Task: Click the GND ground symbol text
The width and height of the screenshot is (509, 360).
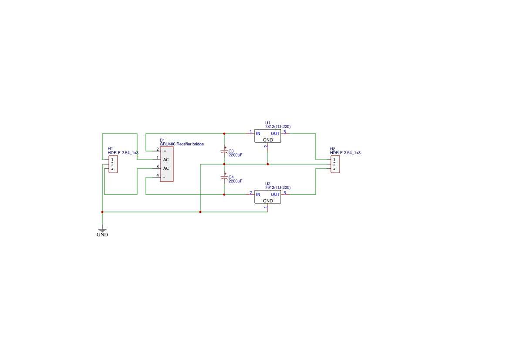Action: click(102, 235)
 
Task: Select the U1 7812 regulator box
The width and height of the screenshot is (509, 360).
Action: click(268, 136)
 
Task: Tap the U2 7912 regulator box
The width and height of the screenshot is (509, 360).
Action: click(268, 197)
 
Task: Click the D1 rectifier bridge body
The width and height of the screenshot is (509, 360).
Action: click(167, 164)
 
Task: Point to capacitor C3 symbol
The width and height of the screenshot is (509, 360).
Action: click(224, 152)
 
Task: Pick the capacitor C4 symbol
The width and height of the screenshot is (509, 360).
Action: click(224, 178)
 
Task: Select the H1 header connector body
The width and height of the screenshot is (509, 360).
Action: click(113, 164)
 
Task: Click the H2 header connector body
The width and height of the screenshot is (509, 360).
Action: click(335, 164)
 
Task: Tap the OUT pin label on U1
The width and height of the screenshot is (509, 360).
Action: click(275, 134)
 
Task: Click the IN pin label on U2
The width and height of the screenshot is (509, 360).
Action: click(258, 195)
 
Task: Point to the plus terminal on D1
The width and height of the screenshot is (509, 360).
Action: click(165, 151)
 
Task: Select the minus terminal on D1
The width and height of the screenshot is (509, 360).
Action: click(164, 177)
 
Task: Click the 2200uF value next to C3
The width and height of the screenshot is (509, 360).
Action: click(236, 155)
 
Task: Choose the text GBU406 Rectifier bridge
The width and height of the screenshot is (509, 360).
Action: click(182, 144)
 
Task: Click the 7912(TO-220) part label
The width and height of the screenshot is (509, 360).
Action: click(278, 188)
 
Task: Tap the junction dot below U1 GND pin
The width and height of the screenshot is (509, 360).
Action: click(268, 164)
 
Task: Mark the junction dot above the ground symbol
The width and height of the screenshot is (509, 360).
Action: click(102, 212)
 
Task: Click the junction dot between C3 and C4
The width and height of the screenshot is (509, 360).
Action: click(224, 164)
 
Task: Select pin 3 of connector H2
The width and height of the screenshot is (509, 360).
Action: click(334, 168)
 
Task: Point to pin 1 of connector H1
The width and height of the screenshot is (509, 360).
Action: click(112, 160)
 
